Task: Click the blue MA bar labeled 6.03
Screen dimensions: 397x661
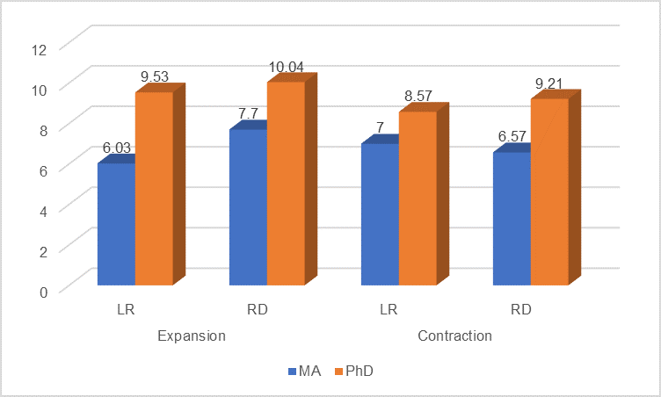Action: click(116, 224)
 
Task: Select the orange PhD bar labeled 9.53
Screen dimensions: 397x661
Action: click(154, 188)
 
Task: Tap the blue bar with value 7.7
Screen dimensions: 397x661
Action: click(248, 207)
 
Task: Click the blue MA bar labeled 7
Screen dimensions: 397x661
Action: click(380, 214)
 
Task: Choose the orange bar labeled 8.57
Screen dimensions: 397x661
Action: click(418, 198)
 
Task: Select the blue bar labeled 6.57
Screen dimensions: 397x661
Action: click(512, 219)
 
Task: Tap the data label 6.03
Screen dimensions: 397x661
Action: click(117, 148)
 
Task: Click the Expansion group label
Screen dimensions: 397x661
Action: click(192, 336)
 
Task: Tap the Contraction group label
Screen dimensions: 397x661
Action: click(454, 336)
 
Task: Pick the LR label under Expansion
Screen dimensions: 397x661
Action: click(126, 310)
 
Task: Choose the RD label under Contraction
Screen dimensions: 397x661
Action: click(521, 310)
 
